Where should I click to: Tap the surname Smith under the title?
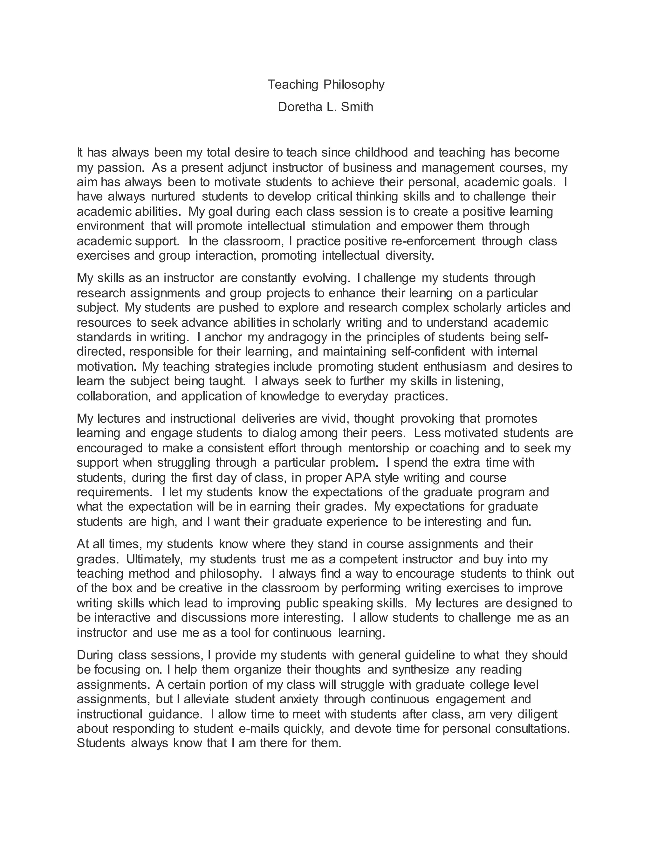point(357,107)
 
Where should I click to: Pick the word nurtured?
point(173,197)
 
